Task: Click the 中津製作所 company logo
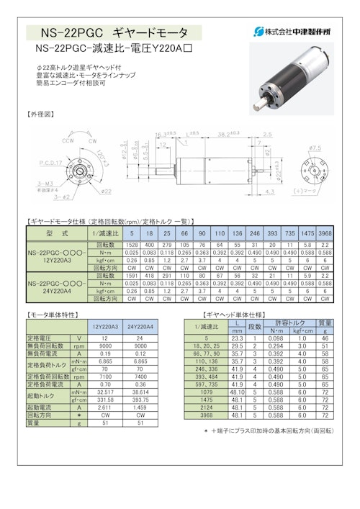point(292,32)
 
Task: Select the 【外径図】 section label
point(40,114)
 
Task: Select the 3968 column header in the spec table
point(325,234)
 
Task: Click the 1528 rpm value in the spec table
point(132,246)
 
